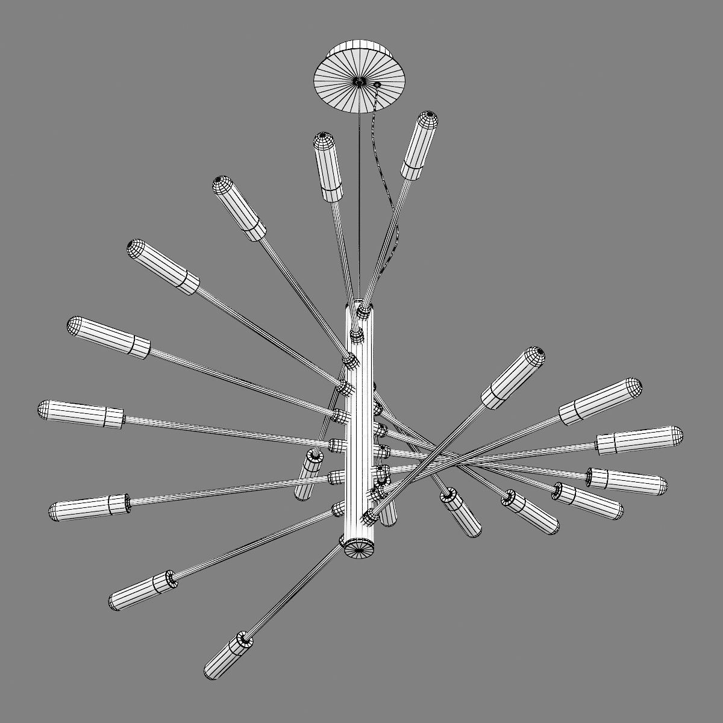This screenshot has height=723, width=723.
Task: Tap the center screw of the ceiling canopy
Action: tap(358, 81)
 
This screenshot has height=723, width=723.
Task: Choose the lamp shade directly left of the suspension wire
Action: tap(328, 166)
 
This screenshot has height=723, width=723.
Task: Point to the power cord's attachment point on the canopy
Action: tap(378, 85)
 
